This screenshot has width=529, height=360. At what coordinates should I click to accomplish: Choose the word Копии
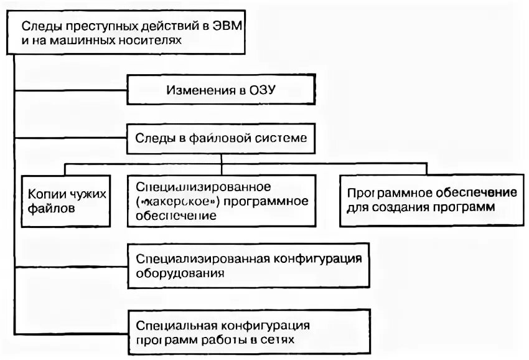43,194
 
